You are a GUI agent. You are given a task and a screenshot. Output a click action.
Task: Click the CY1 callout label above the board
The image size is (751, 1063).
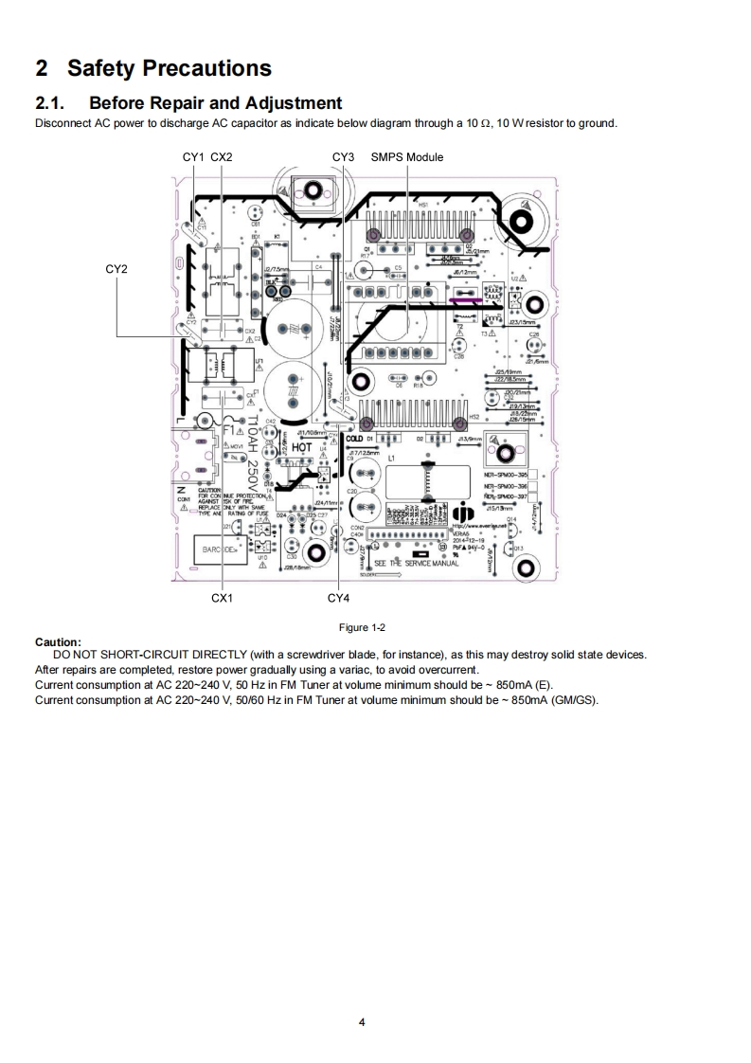point(192,156)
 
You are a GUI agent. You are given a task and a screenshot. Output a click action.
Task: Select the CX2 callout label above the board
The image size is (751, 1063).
point(221,156)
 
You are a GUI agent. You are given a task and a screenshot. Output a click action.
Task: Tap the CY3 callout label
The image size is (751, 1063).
point(343,156)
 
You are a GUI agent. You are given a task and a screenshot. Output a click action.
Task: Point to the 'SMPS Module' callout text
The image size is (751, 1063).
point(407,156)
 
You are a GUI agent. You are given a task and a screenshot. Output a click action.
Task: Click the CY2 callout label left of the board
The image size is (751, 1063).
point(116,270)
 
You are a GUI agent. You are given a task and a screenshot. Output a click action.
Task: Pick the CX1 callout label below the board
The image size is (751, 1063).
point(222,598)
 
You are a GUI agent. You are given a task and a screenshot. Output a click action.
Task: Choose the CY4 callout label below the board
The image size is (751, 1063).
point(338,598)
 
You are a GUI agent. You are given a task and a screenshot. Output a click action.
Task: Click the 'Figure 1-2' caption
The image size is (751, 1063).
point(364,627)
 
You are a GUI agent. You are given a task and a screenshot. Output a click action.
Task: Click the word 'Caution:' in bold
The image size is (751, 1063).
point(58,641)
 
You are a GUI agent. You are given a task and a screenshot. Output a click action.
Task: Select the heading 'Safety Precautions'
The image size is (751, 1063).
point(169,68)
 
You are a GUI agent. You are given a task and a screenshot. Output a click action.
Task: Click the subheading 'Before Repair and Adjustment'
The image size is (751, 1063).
point(215,102)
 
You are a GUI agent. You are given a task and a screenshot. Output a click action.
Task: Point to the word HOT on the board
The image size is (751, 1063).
point(301,447)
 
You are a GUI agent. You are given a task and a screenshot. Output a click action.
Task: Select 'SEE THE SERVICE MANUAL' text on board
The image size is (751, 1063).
point(417,563)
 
